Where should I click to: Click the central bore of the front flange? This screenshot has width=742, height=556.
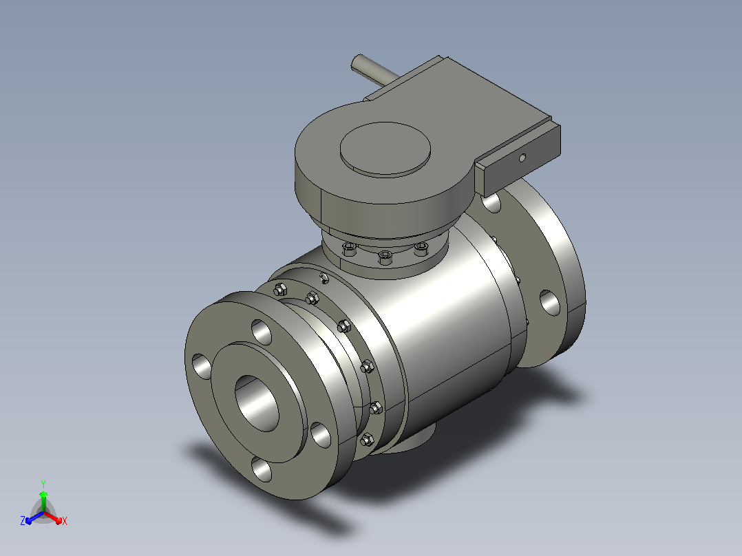pyautogui.click(x=257, y=403)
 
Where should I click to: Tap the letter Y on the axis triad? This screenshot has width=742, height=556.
pyautogui.click(x=43, y=484)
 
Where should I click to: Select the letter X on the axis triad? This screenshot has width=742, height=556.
pyautogui.click(x=65, y=521)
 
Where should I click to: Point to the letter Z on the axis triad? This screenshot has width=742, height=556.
pyautogui.click(x=23, y=521)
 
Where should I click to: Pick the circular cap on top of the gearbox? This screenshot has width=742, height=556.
pyautogui.click(x=385, y=149)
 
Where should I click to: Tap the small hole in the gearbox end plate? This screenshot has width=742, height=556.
pyautogui.click(x=522, y=158)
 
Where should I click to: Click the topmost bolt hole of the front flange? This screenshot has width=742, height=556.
pyautogui.click(x=262, y=332)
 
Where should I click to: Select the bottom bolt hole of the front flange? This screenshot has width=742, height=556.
pyautogui.click(x=262, y=469)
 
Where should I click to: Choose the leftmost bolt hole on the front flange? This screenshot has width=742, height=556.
pyautogui.click(x=202, y=367)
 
